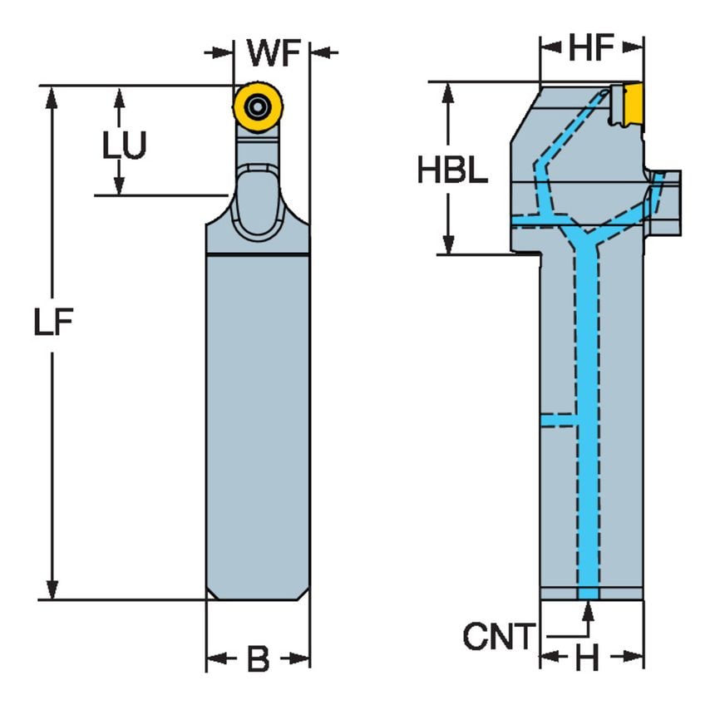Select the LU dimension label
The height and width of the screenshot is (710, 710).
point(124,147)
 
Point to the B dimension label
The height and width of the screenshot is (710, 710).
point(258,660)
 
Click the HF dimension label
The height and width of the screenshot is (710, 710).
point(591,49)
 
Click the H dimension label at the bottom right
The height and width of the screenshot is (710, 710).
point(589,660)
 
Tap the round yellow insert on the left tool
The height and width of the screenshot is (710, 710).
point(257,106)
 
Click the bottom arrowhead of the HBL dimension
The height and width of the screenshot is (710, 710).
point(448,244)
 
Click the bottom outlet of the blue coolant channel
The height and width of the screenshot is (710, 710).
point(588,593)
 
